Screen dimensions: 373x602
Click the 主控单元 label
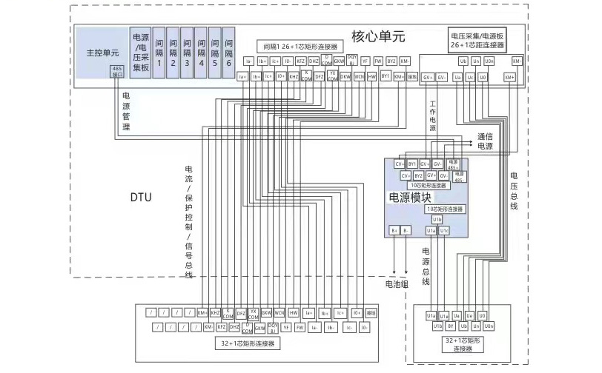pyautogui.click(x=98, y=53)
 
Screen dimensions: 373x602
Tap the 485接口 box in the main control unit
pyautogui.click(x=116, y=71)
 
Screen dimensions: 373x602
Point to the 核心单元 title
pyautogui.click(x=378, y=36)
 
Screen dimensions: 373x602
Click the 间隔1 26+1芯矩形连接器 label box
pyautogui.click(x=302, y=46)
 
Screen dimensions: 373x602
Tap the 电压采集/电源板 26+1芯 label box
pyautogui.click(x=477, y=40)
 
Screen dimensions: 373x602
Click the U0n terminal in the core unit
pyautogui.click(x=489, y=61)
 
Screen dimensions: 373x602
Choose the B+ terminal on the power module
pyautogui.click(x=395, y=231)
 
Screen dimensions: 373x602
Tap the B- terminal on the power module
pyautogui.click(x=406, y=231)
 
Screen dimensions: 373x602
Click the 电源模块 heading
pyautogui.click(x=410, y=198)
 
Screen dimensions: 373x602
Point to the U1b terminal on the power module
pyautogui.click(x=437, y=220)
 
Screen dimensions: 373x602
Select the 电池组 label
pyautogui.click(x=397, y=283)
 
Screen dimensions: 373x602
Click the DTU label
pyautogui.click(x=141, y=198)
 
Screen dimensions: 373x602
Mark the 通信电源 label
pyautogui.click(x=484, y=141)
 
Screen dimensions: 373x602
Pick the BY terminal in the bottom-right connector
pyautogui.click(x=451, y=326)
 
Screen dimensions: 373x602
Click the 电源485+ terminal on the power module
pyautogui.click(x=453, y=163)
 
